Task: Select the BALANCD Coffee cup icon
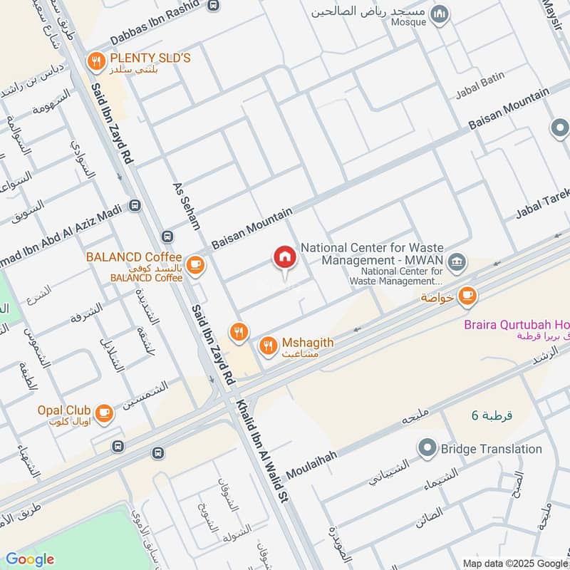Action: tap(195, 266)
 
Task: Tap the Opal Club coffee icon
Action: tap(104, 413)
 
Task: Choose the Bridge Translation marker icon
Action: tap(427, 449)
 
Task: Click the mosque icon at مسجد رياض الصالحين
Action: tap(441, 13)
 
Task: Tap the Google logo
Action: tap(30, 559)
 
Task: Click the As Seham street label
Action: tap(187, 206)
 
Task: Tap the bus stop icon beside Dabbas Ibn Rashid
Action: tap(212, 6)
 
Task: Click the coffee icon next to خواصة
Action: tap(467, 296)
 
